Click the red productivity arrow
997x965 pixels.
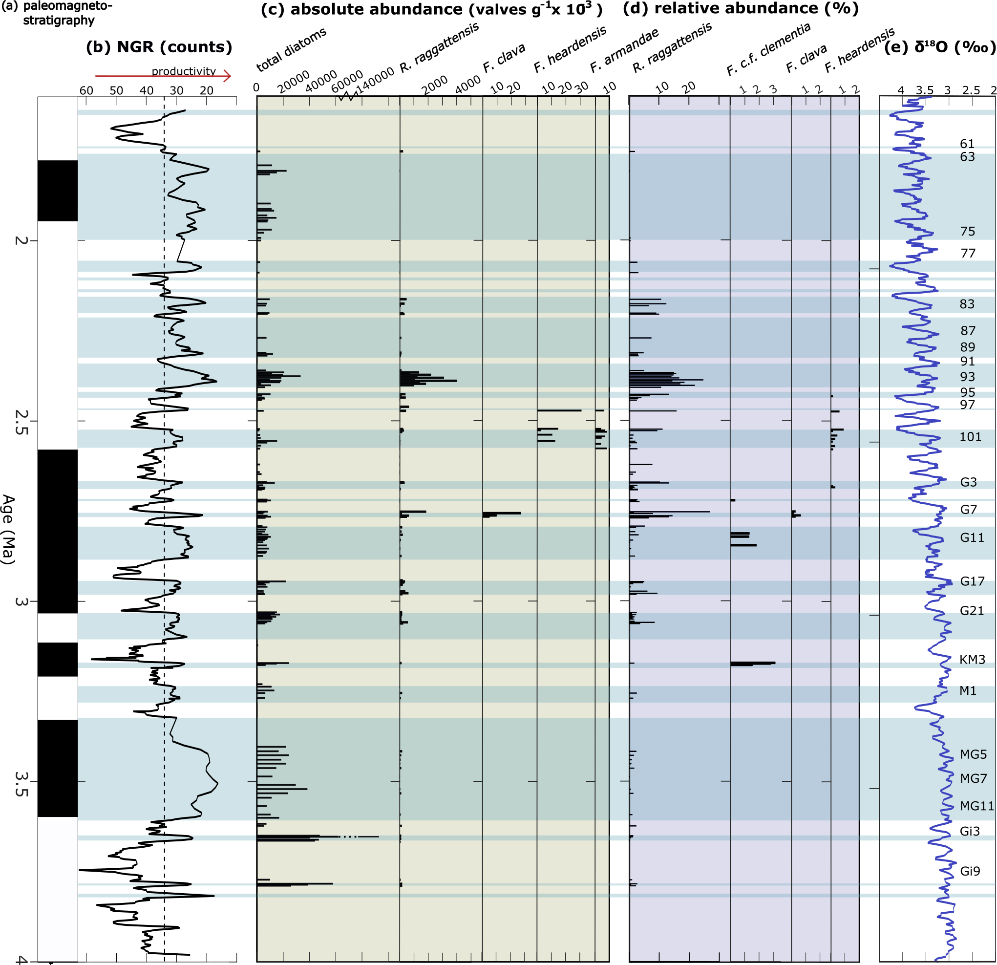pos(163,77)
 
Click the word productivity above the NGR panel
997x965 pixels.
pos(184,71)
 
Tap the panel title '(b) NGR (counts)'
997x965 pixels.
pos(159,47)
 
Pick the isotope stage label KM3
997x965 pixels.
pos(972,660)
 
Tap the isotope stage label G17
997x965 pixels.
pos(972,581)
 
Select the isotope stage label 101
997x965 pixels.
pos(970,437)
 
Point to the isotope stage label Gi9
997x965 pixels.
pos(970,871)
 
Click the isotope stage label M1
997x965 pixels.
pos(968,691)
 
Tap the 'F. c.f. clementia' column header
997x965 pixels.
pos(767,49)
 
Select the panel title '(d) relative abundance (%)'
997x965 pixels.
pos(741,9)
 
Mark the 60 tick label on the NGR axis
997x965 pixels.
pos(86,90)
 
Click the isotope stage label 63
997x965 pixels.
pos(967,157)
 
